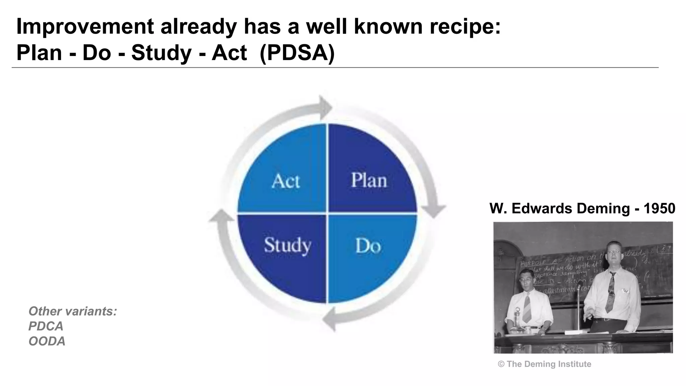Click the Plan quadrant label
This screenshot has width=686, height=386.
click(369, 180)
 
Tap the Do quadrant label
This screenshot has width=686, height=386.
click(368, 246)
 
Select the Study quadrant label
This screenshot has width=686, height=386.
click(287, 245)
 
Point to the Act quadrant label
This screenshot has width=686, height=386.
click(286, 181)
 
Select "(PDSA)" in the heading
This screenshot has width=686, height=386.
click(297, 53)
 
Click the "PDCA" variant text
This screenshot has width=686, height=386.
click(46, 326)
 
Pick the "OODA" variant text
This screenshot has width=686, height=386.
click(47, 341)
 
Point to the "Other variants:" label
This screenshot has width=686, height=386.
click(73, 311)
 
